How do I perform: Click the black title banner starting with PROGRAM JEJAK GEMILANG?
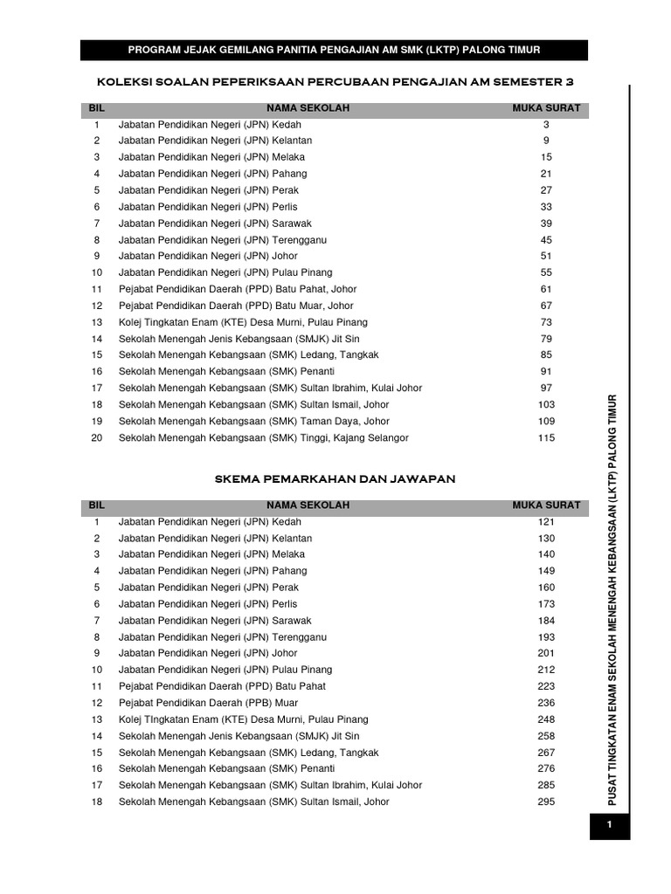pyautogui.click(x=334, y=50)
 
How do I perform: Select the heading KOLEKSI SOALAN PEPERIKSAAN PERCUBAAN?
pyautogui.click(x=334, y=82)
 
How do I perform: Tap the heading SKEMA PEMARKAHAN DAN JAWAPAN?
pyautogui.click(x=335, y=479)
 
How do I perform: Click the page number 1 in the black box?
pyautogui.click(x=609, y=825)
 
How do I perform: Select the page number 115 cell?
pyautogui.click(x=546, y=438)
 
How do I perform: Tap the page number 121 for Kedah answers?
pyautogui.click(x=546, y=522)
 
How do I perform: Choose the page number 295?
pyautogui.click(x=546, y=802)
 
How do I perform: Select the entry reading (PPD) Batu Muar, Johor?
pyautogui.click(x=236, y=306)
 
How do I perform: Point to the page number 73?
pyautogui.click(x=546, y=322)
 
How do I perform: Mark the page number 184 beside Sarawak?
pyautogui.click(x=546, y=621)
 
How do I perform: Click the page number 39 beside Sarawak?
pyautogui.click(x=546, y=223)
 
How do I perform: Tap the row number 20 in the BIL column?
pyautogui.click(x=97, y=438)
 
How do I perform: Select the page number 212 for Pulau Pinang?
pyautogui.click(x=546, y=670)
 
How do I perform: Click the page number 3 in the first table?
pyautogui.click(x=546, y=125)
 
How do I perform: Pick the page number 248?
pyautogui.click(x=546, y=719)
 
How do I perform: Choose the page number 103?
pyautogui.click(x=546, y=405)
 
